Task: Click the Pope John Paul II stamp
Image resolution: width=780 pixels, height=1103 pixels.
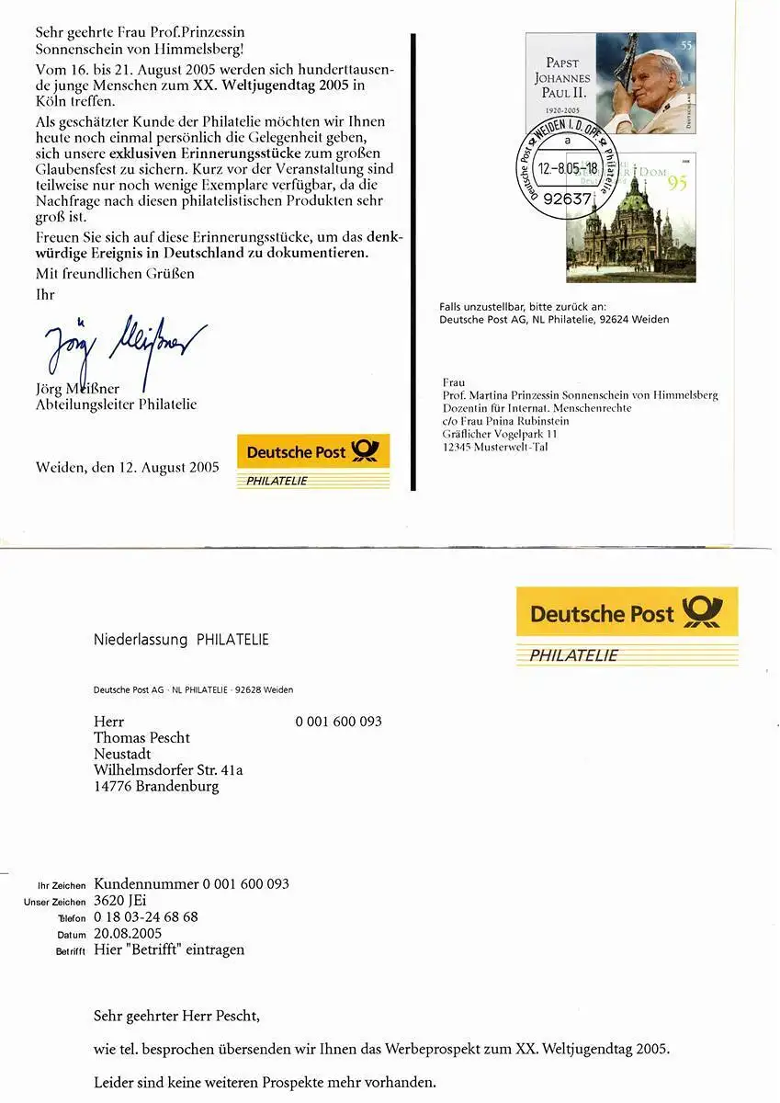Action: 610,84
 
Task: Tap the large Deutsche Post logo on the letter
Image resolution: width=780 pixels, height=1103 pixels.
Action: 627,613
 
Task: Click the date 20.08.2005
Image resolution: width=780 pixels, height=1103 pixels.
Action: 128,934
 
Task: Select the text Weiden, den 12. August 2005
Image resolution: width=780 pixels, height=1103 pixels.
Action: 128,467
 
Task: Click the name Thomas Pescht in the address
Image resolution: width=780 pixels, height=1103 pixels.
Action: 141,737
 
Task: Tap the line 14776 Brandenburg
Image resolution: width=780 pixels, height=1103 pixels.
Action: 156,787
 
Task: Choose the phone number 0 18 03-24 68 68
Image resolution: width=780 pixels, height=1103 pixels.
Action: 146,917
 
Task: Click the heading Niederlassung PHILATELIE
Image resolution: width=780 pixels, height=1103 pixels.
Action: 181,640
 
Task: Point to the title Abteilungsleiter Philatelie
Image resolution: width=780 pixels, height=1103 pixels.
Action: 116,404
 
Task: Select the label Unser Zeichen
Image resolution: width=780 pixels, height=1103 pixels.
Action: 55,903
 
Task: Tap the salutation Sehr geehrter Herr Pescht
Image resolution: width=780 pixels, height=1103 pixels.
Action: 177,1017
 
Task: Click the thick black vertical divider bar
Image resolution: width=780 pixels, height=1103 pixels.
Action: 413,261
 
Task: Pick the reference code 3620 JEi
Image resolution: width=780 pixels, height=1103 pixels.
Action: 120,901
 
